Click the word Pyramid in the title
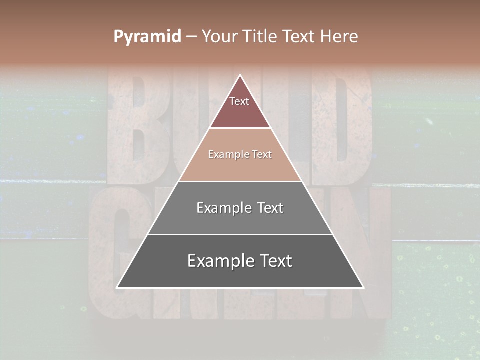147,37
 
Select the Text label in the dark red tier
239,101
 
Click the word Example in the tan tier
225,154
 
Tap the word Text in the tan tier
262,154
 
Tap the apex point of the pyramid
240,75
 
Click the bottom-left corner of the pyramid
117,287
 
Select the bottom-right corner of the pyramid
363,287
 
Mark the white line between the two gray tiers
240,234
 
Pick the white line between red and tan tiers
240,128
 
